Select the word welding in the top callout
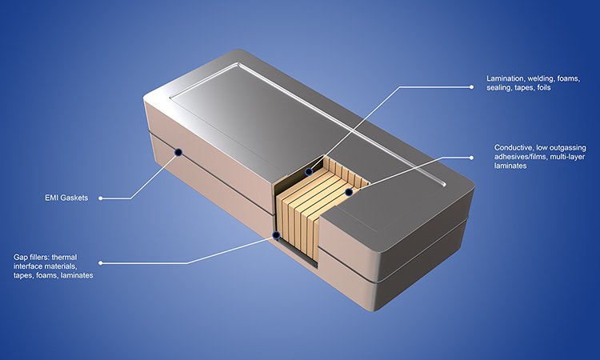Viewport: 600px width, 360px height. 546,78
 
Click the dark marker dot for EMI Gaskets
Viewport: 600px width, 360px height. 178,151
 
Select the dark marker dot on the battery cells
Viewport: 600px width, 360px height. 349,191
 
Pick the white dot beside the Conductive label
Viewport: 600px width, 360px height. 487,153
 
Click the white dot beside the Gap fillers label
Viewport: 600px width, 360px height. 102,262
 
